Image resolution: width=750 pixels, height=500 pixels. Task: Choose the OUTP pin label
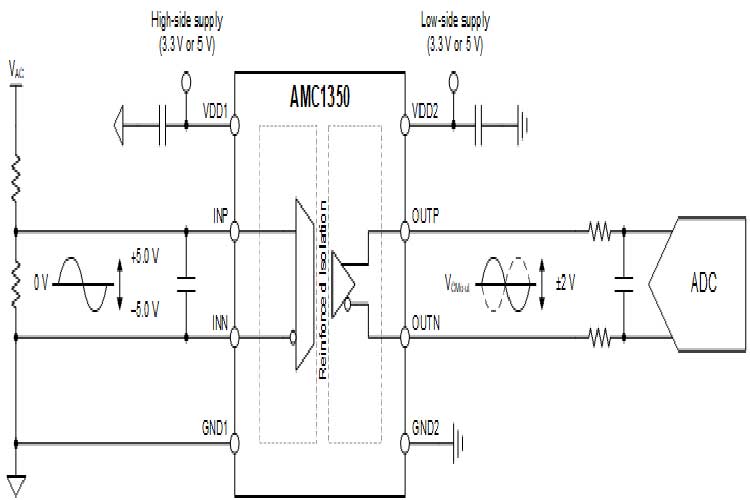coord(430,216)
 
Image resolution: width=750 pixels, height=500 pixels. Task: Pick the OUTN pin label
coord(430,322)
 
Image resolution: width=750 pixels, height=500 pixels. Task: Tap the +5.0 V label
coord(146,258)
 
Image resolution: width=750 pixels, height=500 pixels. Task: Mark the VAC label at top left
coord(16,70)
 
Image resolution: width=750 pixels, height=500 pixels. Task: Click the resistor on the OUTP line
coord(599,232)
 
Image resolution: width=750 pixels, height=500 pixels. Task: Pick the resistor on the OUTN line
coord(599,339)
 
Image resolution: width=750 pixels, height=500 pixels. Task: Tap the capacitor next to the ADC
coord(624,284)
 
